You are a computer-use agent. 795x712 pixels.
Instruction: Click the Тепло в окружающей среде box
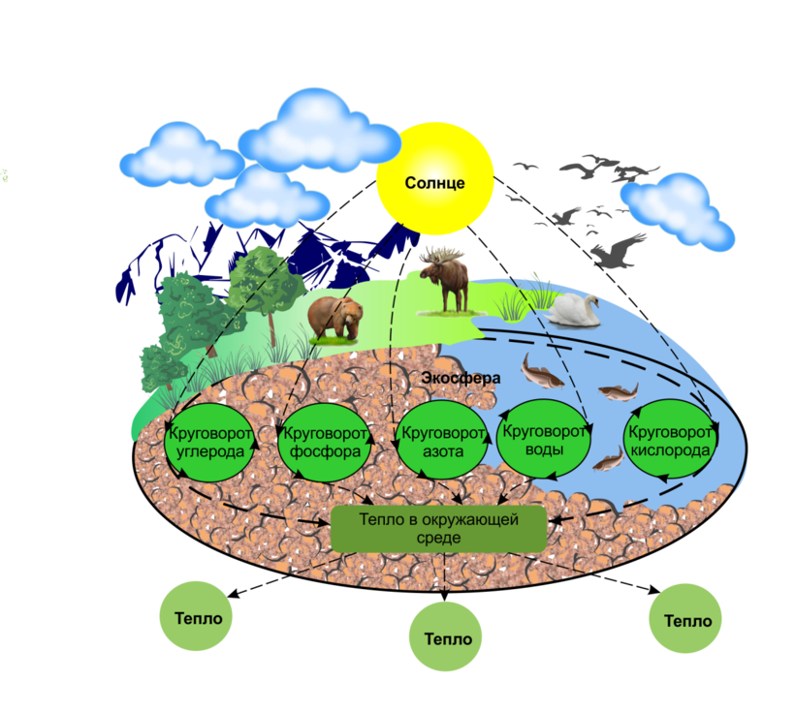[439, 528]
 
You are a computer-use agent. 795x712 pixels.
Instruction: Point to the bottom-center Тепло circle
[447, 637]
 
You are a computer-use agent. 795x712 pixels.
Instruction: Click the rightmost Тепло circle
[686, 620]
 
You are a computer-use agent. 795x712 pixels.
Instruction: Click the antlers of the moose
[442, 255]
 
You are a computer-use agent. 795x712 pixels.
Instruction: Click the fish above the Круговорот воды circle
[542, 370]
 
